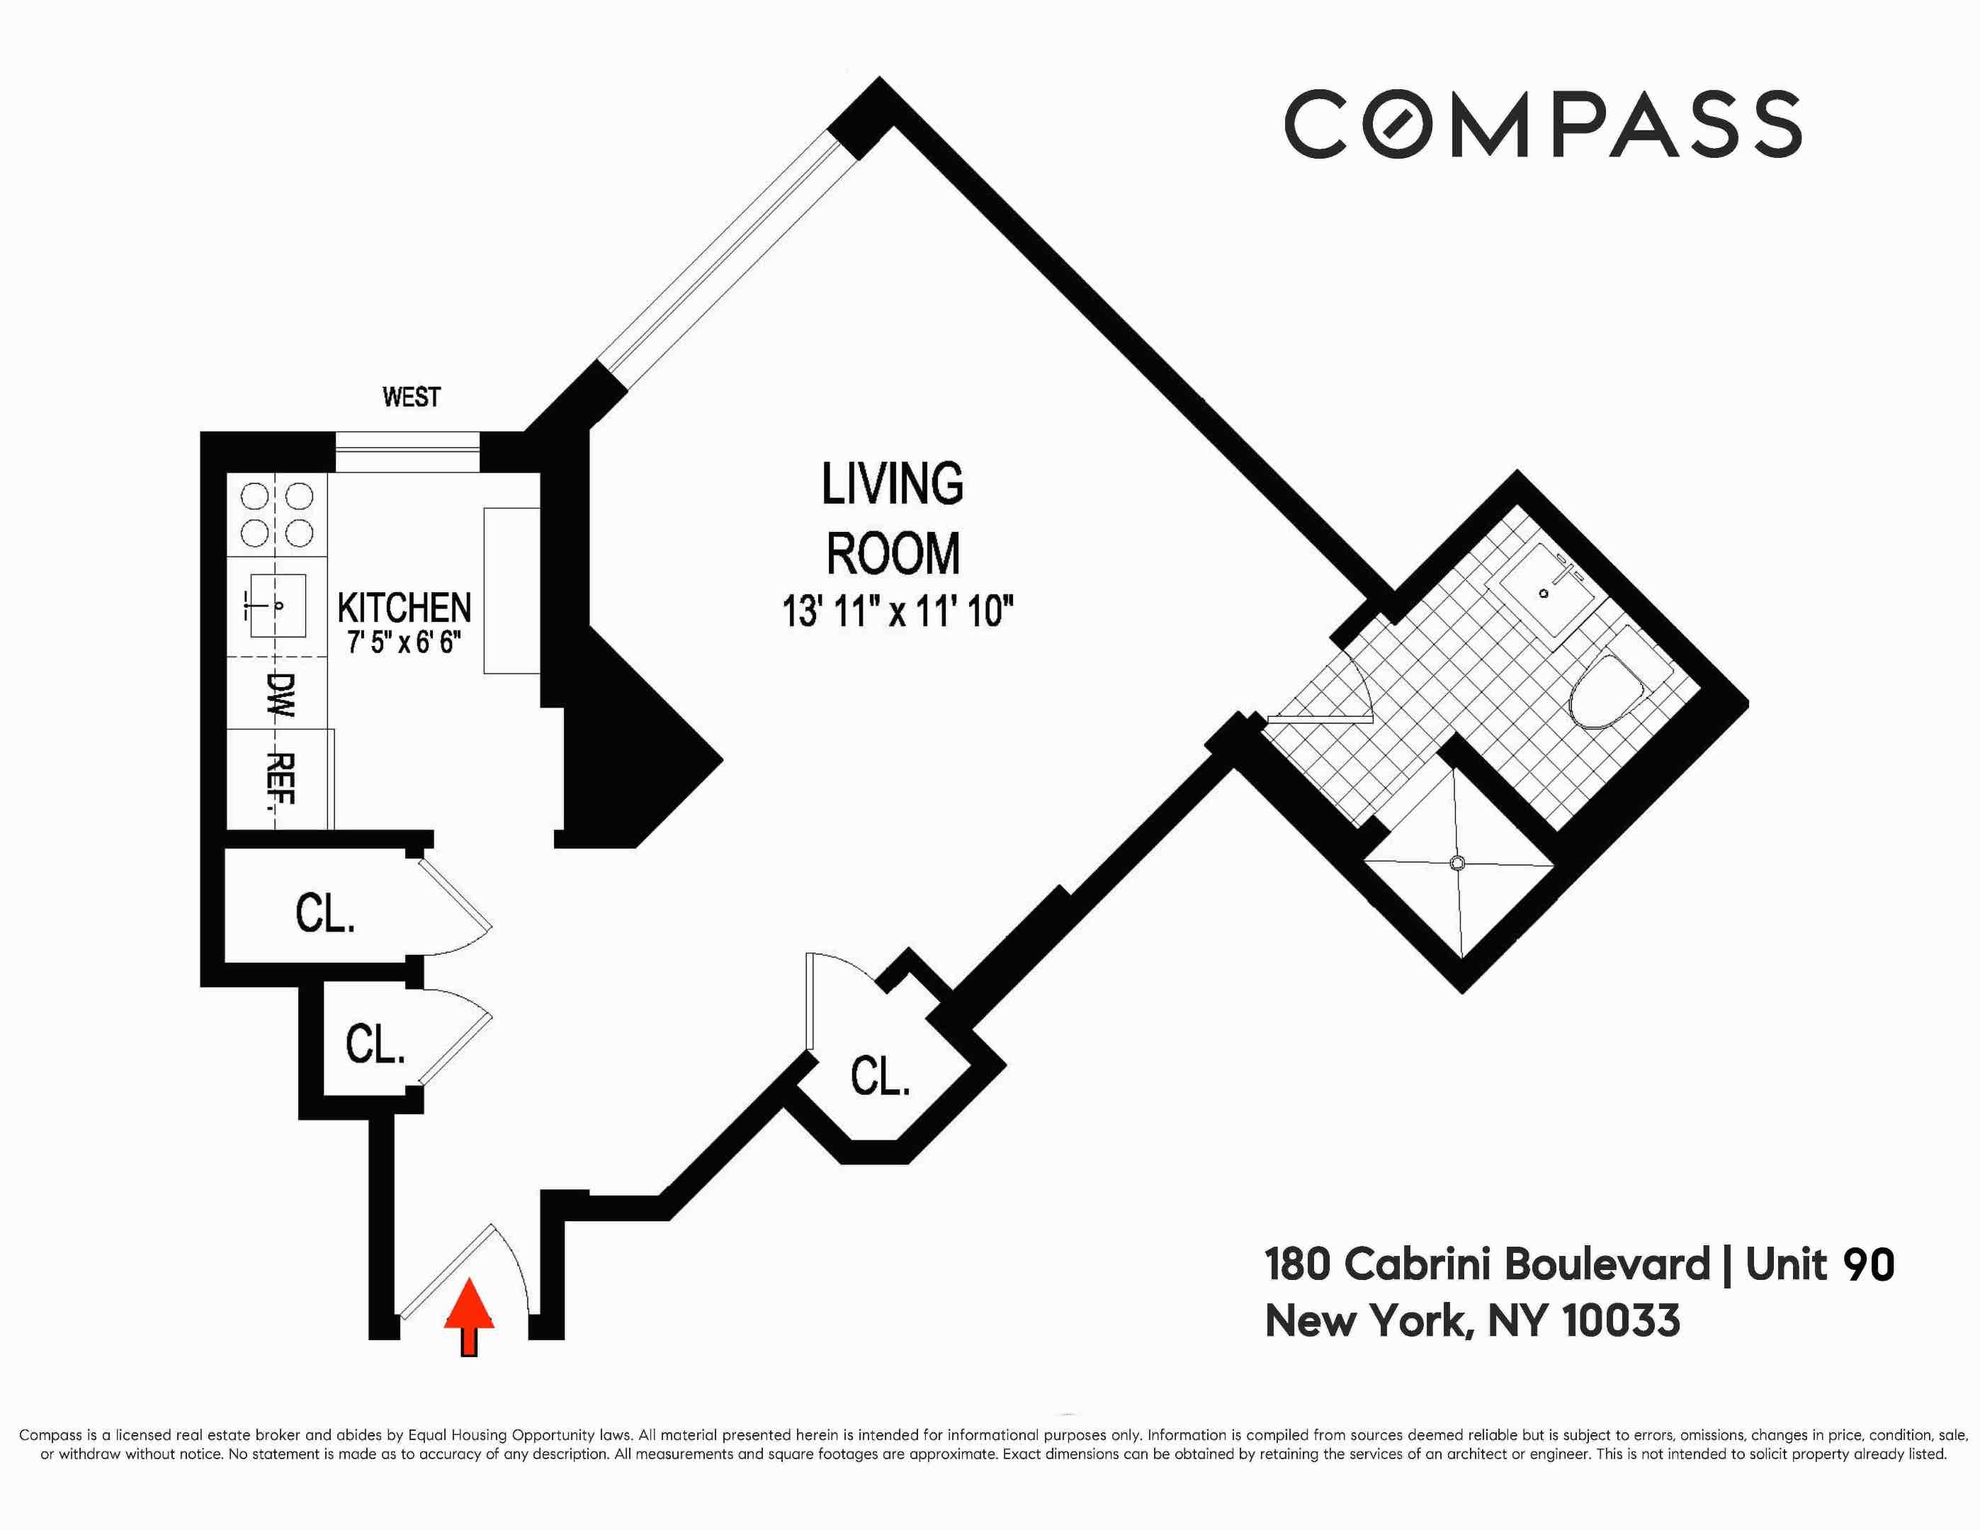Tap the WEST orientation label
tap(411, 397)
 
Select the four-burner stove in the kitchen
tap(276, 514)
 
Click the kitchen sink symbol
tap(276, 606)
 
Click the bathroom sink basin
tap(1544, 593)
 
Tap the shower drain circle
tap(1458, 863)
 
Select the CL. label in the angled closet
tap(879, 1077)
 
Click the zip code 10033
tap(1621, 1320)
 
